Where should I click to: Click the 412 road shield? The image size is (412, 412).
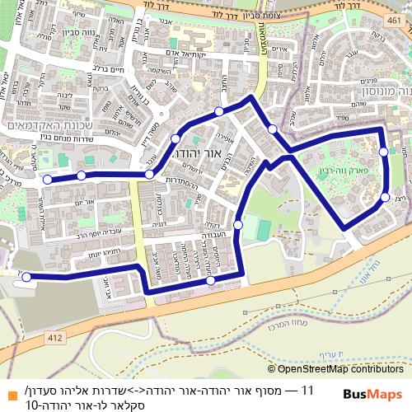tap(55, 337)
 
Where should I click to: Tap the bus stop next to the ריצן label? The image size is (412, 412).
tap(385, 198)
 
